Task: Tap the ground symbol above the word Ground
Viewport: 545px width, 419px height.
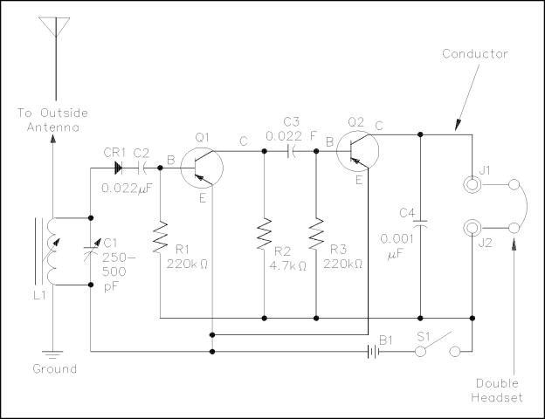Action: (x=53, y=355)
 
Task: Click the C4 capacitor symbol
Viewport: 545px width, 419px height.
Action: (x=421, y=225)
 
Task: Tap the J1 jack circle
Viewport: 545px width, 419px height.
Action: (x=473, y=185)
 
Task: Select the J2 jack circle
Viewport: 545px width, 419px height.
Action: (x=473, y=228)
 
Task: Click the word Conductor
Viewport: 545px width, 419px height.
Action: (x=475, y=54)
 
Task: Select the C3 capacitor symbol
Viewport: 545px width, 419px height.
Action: (x=292, y=150)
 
